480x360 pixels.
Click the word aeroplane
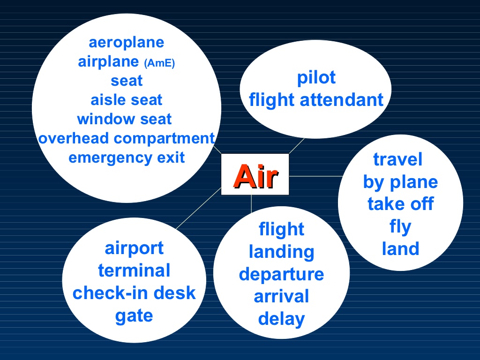127,43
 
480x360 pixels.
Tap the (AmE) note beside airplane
159,63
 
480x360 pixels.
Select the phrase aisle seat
127,100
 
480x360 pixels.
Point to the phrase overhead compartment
127,139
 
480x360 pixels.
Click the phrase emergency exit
127,158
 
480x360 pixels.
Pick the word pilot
316,78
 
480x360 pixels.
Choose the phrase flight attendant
316,100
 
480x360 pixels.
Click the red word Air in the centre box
256,176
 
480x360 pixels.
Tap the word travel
397,159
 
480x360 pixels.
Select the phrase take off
400,204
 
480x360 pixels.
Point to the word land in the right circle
400,248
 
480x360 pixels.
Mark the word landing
281,252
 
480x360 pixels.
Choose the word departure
281,275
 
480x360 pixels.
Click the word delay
281,319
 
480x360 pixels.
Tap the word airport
134,248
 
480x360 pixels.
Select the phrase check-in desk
134,293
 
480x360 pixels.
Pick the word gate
134,316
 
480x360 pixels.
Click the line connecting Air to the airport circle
199,208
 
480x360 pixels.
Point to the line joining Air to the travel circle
315,176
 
